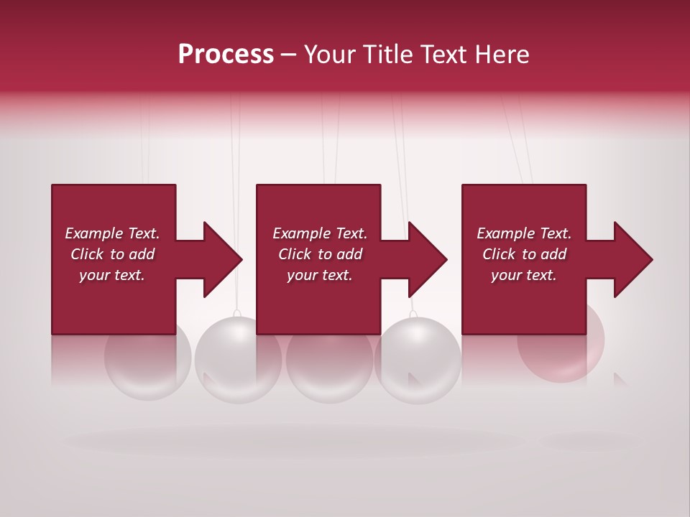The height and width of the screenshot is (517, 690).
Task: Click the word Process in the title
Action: pos(226,55)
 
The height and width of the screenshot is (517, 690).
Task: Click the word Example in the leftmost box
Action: pos(93,233)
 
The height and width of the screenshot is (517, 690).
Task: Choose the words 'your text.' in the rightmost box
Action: pos(524,275)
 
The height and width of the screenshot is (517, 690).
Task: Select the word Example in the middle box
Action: pos(301,233)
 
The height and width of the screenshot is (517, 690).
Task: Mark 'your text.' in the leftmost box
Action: pos(112,275)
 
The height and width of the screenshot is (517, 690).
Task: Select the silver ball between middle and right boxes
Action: pos(417,359)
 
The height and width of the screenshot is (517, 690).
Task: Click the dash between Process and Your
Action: pos(288,55)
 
